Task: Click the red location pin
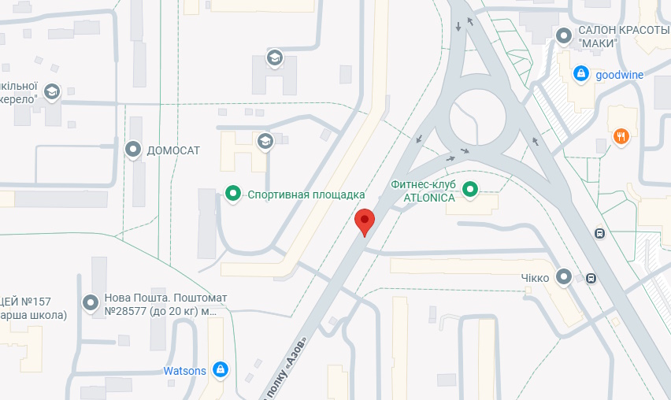[x=364, y=221]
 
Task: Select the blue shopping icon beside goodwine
[x=581, y=74]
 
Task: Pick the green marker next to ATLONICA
[x=470, y=189]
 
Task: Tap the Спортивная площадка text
[x=306, y=194]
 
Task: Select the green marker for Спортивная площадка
[x=233, y=193]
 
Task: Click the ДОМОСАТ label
[x=174, y=150]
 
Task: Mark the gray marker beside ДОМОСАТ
[x=133, y=149]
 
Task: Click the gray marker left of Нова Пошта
[x=91, y=301]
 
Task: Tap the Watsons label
[x=184, y=371]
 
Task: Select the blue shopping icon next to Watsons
[x=221, y=369]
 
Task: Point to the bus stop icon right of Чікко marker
[x=591, y=277]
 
